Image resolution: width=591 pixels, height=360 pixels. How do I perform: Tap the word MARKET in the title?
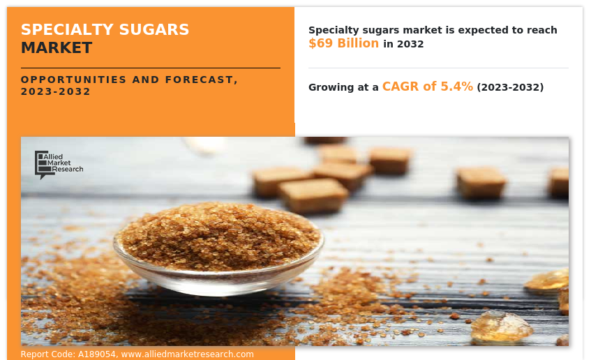(x=57, y=48)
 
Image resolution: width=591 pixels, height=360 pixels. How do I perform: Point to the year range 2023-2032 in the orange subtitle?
(x=56, y=91)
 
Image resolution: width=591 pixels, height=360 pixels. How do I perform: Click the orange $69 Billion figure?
(x=343, y=43)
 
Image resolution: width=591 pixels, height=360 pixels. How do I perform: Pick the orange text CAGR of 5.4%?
(x=427, y=87)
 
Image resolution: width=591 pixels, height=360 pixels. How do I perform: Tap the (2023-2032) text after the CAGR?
(x=510, y=87)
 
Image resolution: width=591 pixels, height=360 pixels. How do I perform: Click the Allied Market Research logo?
(x=59, y=164)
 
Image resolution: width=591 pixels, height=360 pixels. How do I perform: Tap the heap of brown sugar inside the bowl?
(x=218, y=234)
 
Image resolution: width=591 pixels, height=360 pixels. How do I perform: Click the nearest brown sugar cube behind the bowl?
(x=313, y=195)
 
